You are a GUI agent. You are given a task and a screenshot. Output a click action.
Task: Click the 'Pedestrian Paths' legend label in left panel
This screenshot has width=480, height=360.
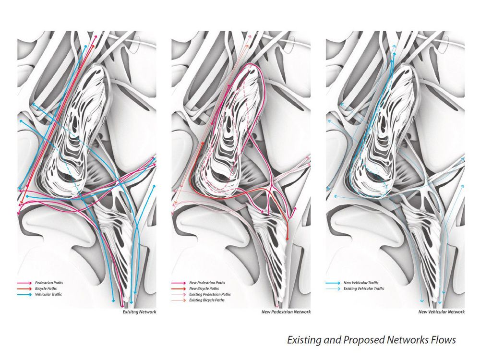(48, 283)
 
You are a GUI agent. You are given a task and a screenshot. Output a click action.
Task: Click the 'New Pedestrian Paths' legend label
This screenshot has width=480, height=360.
(207, 283)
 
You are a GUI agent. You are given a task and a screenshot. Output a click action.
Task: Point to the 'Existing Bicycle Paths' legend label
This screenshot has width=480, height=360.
(208, 300)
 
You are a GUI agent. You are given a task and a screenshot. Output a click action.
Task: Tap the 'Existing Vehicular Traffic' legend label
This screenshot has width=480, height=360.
(364, 288)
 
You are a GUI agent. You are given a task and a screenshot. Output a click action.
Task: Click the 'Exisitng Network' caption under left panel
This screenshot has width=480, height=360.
(140, 312)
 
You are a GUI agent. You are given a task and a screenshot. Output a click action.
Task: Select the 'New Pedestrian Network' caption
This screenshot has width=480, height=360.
(286, 312)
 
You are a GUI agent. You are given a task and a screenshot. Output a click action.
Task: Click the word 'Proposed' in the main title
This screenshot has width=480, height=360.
(361, 340)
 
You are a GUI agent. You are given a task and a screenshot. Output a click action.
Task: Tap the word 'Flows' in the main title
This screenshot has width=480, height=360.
(442, 340)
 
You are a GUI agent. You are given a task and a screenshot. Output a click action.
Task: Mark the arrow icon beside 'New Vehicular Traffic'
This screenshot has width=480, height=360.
(333, 283)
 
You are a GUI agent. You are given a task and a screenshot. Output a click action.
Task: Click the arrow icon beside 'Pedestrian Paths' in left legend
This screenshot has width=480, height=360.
(24, 283)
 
